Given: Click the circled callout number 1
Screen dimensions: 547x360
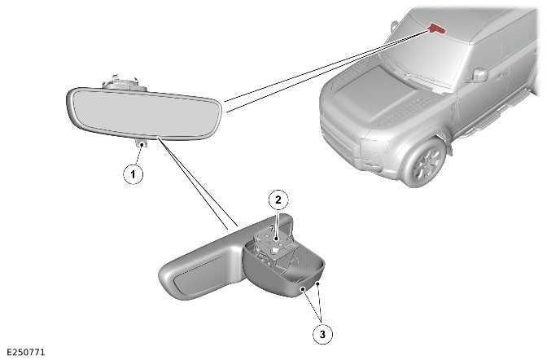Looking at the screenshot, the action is pos(133,173).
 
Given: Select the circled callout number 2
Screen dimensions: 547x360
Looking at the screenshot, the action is pos(278,200).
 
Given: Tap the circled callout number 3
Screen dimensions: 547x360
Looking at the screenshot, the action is pos(322,334).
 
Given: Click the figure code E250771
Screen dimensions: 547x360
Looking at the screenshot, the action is pos(26,352).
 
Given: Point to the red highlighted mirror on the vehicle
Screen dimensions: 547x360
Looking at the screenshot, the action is pos(437,29).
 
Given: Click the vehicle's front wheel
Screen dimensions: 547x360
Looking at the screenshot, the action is pos(427,163).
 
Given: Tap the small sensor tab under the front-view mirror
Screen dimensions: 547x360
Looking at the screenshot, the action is pos(142,143).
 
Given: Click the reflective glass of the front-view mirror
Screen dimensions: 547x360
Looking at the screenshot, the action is pos(143,112).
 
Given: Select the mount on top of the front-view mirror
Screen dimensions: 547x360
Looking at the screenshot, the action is pos(120,84).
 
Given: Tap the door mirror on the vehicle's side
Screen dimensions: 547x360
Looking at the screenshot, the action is pos(479,75).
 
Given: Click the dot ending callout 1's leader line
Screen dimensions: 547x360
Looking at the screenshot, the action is pos(142,144).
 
